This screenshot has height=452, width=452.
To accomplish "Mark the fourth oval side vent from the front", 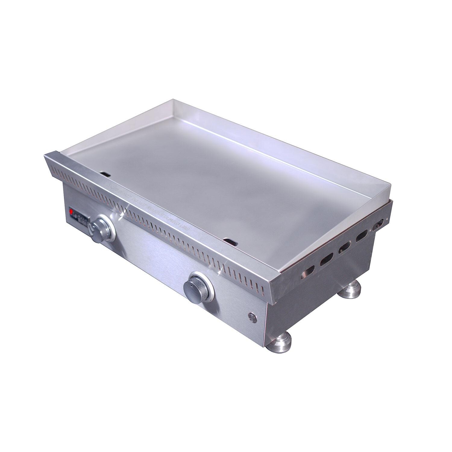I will pos(361,238).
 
